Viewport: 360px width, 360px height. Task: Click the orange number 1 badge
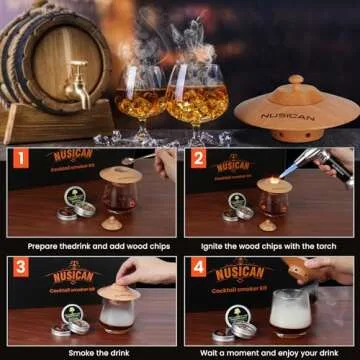pyautogui.click(x=18, y=159)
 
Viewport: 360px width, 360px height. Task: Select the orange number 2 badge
pyautogui.click(x=198, y=159)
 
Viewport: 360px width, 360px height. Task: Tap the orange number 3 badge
pyautogui.click(x=18, y=267)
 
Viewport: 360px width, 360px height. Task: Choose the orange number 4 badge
pyautogui.click(x=198, y=267)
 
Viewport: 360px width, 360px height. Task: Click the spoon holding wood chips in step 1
pyautogui.click(x=140, y=159)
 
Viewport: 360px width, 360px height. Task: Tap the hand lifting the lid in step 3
pyautogui.click(x=150, y=272)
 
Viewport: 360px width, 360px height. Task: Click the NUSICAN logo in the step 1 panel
pyautogui.click(x=72, y=156)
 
